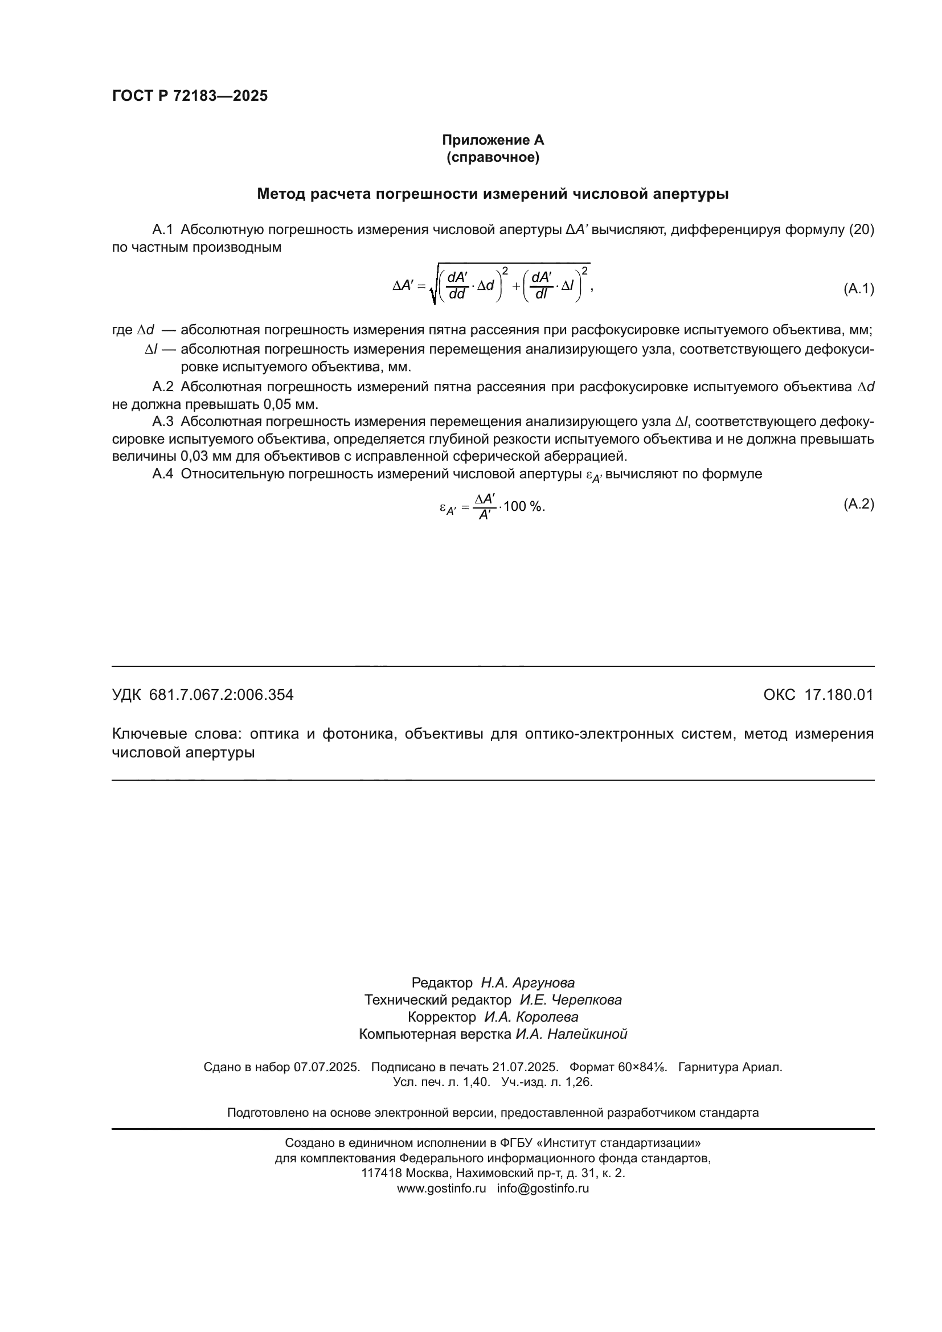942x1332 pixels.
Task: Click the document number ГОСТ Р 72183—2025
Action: pyautogui.click(x=190, y=96)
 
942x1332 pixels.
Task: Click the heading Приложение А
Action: pyautogui.click(x=493, y=140)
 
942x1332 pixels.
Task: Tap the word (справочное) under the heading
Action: pyautogui.click(x=493, y=157)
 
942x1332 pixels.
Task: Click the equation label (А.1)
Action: pyautogui.click(x=858, y=288)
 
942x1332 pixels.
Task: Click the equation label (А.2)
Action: pyautogui.click(x=858, y=503)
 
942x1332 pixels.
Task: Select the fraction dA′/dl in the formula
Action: pyautogui.click(x=541, y=285)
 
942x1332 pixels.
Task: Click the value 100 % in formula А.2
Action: pyautogui.click(x=524, y=506)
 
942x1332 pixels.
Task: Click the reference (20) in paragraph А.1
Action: pyautogui.click(x=861, y=229)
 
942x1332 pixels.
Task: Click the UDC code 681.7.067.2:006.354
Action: pyautogui.click(x=221, y=694)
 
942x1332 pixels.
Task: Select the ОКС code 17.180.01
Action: pyautogui.click(x=838, y=694)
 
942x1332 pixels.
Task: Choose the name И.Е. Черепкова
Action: pyautogui.click(x=570, y=999)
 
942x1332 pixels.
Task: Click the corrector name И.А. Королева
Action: pyautogui.click(x=531, y=1017)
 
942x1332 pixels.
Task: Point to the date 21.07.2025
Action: pyautogui.click(x=525, y=1067)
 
